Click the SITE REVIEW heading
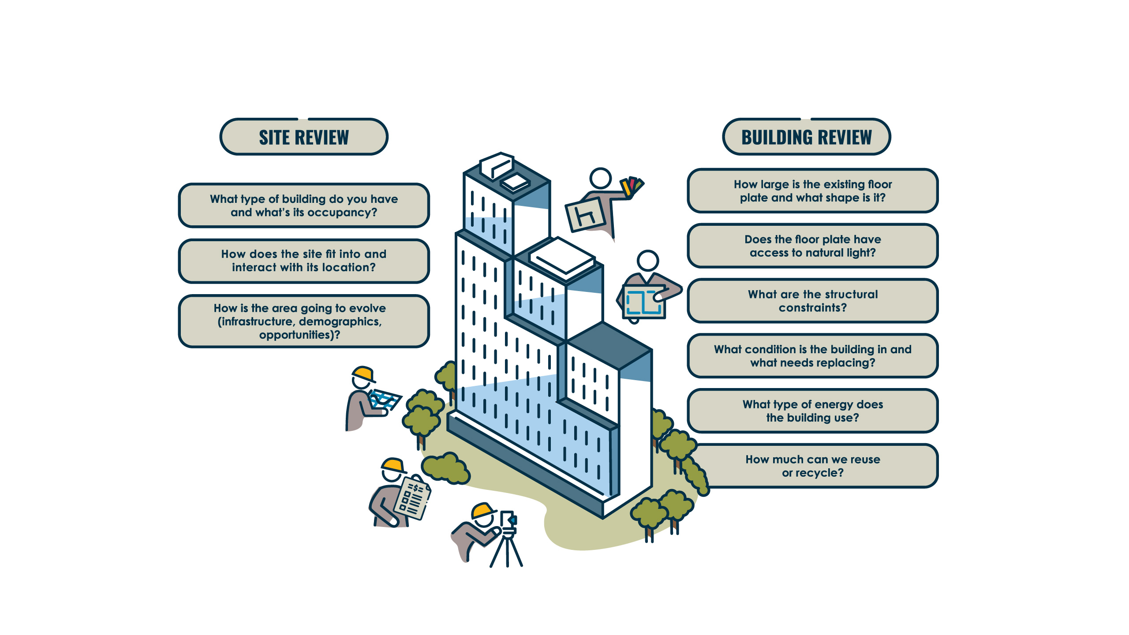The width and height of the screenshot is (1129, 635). pyautogui.click(x=304, y=137)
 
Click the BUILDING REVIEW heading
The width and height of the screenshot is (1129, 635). pyautogui.click(x=807, y=137)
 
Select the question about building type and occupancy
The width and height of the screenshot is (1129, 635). pyautogui.click(x=304, y=205)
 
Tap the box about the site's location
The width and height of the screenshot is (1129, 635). pyautogui.click(x=304, y=261)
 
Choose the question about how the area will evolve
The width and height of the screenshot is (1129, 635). pyautogui.click(x=304, y=321)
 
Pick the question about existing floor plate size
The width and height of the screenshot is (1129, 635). pyautogui.click(x=813, y=190)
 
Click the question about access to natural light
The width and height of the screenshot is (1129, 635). pyautogui.click(x=813, y=246)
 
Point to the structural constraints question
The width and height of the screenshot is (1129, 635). pyautogui.click(x=813, y=301)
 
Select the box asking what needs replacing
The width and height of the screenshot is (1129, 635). pyautogui.click(x=813, y=356)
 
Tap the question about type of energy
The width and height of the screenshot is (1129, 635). pyautogui.click(x=813, y=411)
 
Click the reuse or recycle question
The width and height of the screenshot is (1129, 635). pyautogui.click(x=813, y=466)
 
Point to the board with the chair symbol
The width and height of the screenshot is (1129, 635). pyautogui.click(x=586, y=215)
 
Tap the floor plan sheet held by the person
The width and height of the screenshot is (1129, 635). pyautogui.click(x=644, y=302)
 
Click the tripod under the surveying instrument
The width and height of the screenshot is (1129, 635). pyautogui.click(x=506, y=549)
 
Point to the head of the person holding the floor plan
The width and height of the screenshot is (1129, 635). pyautogui.click(x=648, y=261)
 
